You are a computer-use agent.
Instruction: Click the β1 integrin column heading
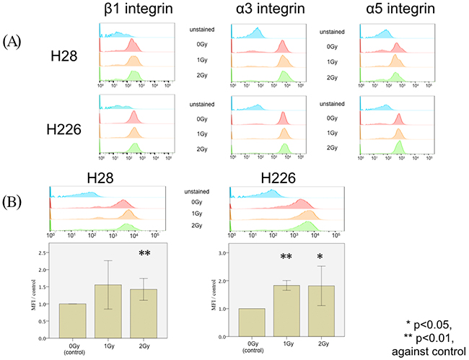tap(135, 12)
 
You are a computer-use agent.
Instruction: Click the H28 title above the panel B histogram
tap(103, 177)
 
